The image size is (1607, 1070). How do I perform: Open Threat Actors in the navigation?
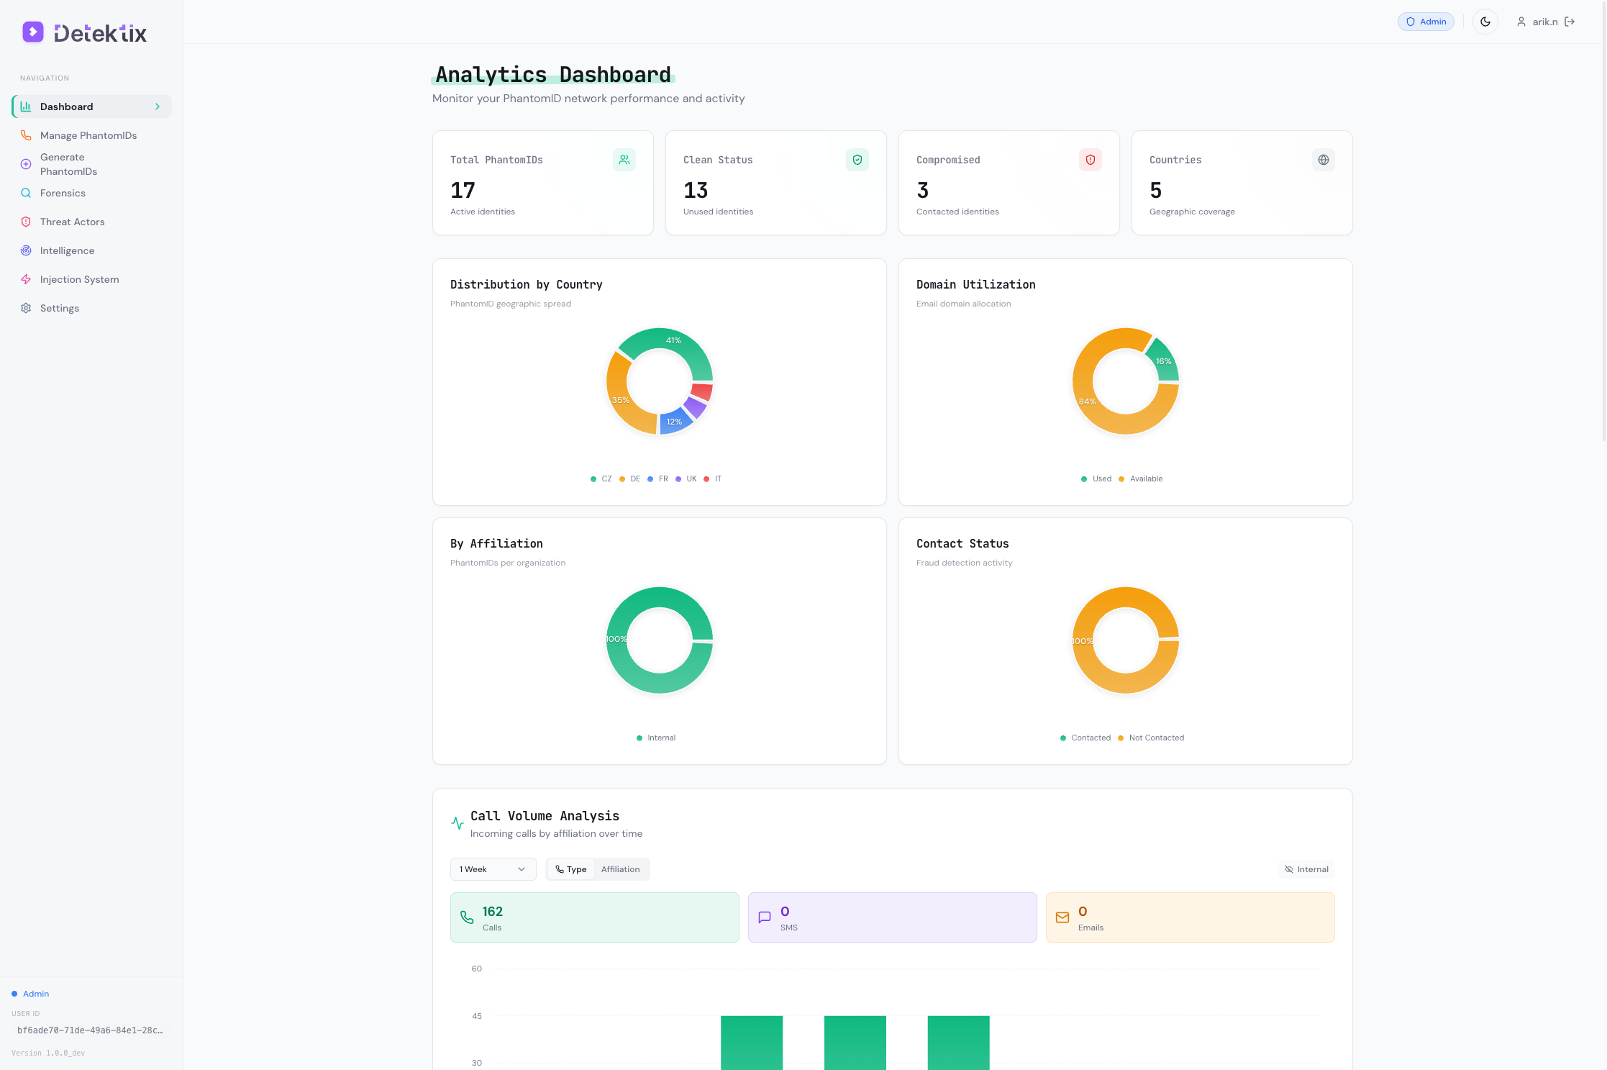tap(72, 222)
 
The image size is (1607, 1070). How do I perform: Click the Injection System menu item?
tap(79, 279)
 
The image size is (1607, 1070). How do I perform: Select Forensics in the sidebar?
tap(63, 193)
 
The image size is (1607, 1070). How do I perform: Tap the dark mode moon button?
tap(1485, 22)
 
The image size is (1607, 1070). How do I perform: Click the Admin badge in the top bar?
tap(1426, 22)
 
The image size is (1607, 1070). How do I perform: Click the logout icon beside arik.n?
tap(1570, 22)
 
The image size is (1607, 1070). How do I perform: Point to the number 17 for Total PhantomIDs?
tap(463, 190)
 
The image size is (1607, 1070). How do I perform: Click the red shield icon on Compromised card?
tap(1090, 160)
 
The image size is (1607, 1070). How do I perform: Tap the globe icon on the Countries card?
tap(1323, 160)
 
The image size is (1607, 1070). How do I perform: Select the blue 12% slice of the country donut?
tap(674, 422)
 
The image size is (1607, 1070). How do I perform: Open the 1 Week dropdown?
tap(493, 869)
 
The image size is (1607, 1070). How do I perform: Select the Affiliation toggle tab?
tap(620, 869)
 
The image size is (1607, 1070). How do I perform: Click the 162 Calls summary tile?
tap(594, 917)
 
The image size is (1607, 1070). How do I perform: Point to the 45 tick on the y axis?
tap(477, 1016)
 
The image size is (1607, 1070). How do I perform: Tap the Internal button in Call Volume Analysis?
tap(1306, 869)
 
